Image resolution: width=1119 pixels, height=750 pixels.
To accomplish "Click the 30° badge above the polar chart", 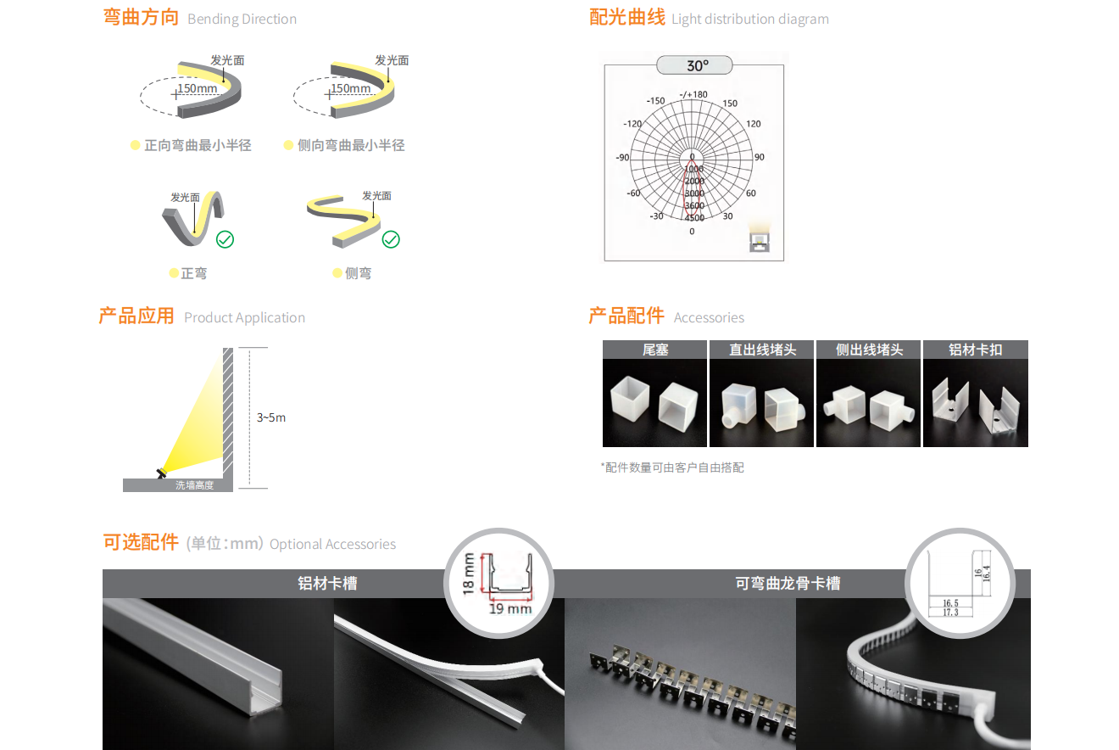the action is [x=694, y=65].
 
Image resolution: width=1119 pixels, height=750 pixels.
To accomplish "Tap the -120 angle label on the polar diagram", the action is [x=632, y=124].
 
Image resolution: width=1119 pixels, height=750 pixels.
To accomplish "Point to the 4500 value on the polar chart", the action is [x=694, y=218].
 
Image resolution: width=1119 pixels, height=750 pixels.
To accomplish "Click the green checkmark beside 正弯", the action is [x=225, y=239].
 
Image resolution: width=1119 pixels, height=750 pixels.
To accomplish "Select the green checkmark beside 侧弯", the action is [x=391, y=239].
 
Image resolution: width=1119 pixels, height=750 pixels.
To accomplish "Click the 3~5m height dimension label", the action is [x=271, y=417].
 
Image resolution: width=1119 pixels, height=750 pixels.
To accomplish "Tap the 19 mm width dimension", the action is [x=510, y=608].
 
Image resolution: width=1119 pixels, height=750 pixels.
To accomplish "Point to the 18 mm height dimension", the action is [x=469, y=574].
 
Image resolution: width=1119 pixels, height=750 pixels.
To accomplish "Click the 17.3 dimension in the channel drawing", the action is [x=950, y=613].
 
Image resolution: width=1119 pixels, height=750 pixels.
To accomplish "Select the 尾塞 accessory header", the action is [x=655, y=350].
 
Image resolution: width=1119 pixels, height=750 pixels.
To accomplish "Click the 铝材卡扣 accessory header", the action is [x=976, y=350].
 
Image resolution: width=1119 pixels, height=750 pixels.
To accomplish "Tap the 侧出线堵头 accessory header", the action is [x=869, y=350].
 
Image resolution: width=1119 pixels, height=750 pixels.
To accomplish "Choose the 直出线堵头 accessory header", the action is [x=762, y=350].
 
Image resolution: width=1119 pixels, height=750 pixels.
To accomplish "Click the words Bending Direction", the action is [x=242, y=19].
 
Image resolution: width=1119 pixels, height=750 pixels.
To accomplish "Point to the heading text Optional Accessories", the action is [x=332, y=544].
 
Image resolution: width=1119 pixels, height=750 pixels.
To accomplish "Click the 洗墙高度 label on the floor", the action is [x=194, y=485].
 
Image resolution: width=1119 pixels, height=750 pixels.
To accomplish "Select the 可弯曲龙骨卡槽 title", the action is [x=788, y=584].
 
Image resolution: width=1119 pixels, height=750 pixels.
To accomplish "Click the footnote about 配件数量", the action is [x=672, y=467].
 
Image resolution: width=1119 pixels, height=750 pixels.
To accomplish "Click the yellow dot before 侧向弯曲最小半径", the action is [x=288, y=145].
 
